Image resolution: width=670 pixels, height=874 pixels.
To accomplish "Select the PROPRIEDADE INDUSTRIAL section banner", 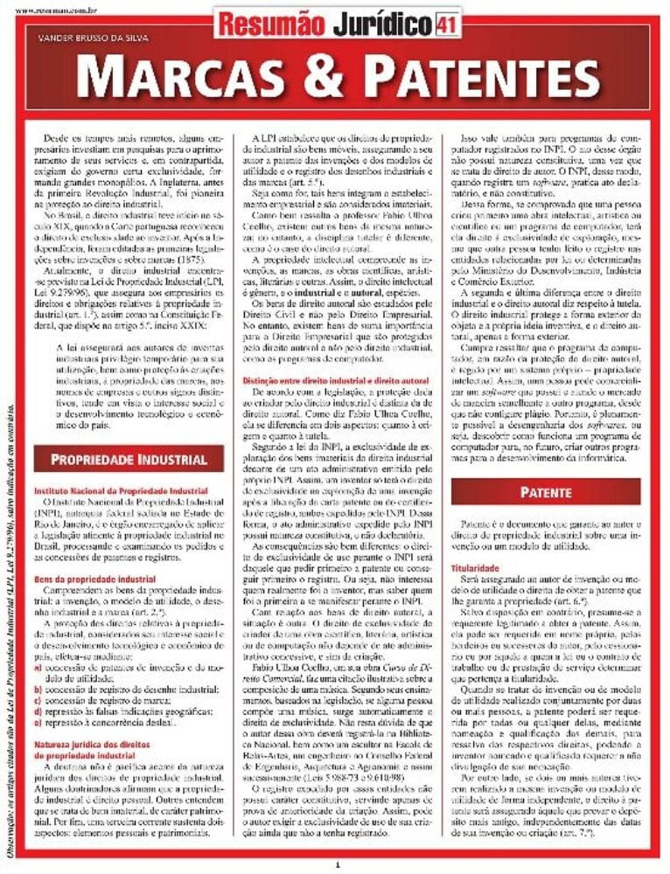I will click(129, 460).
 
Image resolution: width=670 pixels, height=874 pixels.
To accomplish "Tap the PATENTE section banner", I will click(546, 492).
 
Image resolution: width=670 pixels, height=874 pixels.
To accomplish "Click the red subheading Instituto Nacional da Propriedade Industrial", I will click(121, 491).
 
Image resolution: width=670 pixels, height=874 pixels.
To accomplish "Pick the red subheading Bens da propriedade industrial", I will click(94, 579).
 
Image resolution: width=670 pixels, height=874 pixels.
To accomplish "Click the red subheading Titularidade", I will click(475, 568).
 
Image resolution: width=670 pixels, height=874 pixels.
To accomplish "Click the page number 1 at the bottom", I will click(337, 864).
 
